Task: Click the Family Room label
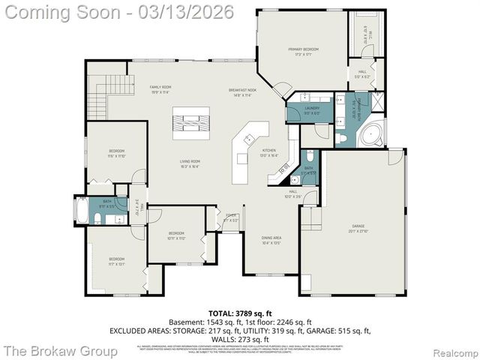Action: [x=160, y=88]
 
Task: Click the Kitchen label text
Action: [x=268, y=151]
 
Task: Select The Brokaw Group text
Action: [x=60, y=350]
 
